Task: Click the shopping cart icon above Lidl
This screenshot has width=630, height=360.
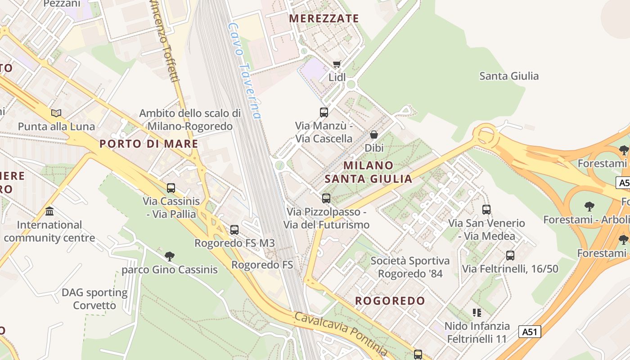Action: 337,64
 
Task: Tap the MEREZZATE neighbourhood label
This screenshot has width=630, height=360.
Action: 324,18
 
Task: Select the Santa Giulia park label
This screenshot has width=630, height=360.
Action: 509,76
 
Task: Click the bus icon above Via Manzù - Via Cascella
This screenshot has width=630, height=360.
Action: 324,112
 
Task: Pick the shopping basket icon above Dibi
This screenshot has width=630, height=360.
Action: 373,135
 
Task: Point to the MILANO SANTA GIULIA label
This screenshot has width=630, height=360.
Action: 368,172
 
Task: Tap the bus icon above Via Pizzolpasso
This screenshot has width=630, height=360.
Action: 326,198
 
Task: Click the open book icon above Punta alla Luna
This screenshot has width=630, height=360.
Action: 56,113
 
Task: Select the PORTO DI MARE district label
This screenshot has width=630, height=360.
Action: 148,144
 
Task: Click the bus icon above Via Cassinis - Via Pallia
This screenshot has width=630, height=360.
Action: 171,188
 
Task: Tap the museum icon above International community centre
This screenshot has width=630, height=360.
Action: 49,211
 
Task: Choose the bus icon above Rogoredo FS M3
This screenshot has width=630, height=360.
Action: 234,230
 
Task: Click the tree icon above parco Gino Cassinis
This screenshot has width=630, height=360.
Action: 170,256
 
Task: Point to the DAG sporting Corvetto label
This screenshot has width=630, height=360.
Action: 94,299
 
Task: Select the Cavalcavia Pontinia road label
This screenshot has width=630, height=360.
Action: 341,333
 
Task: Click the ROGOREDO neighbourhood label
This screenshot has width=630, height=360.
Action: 390,301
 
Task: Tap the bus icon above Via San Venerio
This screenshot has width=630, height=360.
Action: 486,210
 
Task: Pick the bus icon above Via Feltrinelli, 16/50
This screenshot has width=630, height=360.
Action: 510,256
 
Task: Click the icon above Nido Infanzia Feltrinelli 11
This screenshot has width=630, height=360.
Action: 477,312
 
